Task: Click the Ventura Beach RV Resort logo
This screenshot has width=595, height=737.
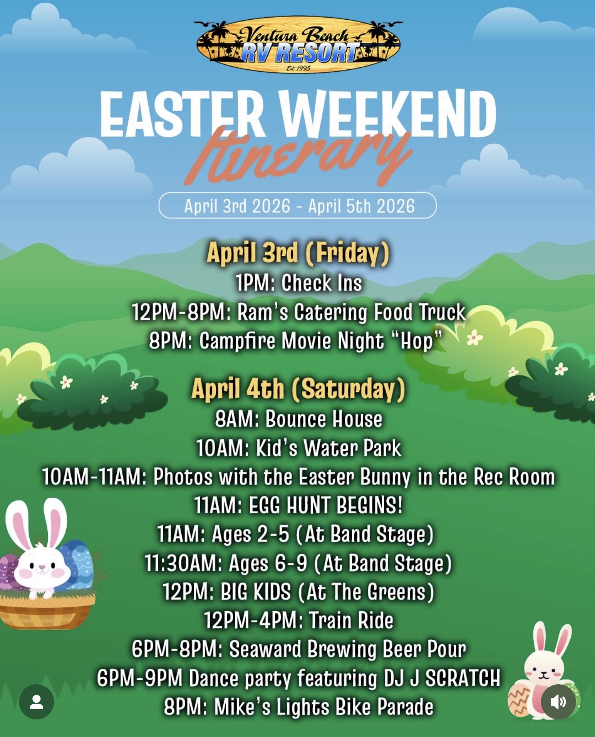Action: [x=298, y=45]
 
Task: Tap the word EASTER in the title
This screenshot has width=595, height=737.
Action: [x=182, y=114]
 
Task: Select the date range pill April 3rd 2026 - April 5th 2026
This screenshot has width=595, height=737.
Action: [x=297, y=205]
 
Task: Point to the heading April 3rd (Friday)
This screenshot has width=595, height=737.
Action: [x=298, y=253]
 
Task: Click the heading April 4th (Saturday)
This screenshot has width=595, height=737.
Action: [x=298, y=389]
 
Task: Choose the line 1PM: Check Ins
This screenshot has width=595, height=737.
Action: [x=298, y=283]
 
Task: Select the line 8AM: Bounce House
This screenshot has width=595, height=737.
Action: [x=298, y=419]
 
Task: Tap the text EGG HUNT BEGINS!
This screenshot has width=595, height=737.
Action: [x=325, y=505]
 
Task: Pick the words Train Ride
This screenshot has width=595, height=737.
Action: [x=351, y=620]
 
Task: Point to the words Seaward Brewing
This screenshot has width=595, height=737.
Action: [x=302, y=649]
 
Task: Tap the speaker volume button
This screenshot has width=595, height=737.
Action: [x=558, y=702]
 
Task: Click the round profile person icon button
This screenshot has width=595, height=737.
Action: [x=37, y=702]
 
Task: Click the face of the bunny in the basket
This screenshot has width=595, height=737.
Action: [x=42, y=565]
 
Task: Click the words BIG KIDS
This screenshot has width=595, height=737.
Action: [x=256, y=591]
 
